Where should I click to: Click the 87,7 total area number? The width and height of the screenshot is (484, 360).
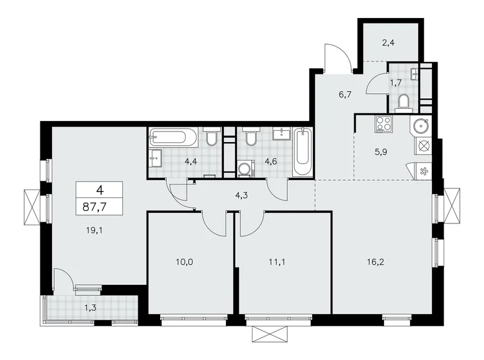click(94, 207)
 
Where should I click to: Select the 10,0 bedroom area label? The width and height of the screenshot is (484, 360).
click(184, 262)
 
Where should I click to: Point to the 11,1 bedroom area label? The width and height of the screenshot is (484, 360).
click(277, 262)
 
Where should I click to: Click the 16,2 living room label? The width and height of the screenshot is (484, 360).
click(375, 262)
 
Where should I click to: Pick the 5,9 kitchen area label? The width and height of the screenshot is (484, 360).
click(380, 152)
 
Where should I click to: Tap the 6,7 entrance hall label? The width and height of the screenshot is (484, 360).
click(345, 94)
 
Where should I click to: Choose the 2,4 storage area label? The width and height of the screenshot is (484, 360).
click(388, 43)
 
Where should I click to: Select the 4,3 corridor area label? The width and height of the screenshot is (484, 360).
click(242, 195)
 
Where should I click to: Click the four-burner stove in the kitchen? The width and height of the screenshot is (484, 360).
click(383, 124)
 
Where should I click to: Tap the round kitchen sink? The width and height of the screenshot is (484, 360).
click(421, 125)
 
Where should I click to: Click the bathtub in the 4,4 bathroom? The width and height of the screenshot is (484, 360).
click(174, 137)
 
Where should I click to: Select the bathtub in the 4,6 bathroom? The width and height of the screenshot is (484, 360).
click(303, 152)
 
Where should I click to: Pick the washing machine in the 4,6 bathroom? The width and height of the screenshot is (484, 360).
click(246, 169)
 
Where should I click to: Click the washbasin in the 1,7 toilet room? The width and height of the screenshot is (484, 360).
click(415, 74)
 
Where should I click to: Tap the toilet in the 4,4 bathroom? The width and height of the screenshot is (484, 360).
click(212, 137)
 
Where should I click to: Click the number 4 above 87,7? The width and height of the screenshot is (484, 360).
click(99, 190)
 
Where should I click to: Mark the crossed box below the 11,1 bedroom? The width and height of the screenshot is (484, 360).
click(271, 334)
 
